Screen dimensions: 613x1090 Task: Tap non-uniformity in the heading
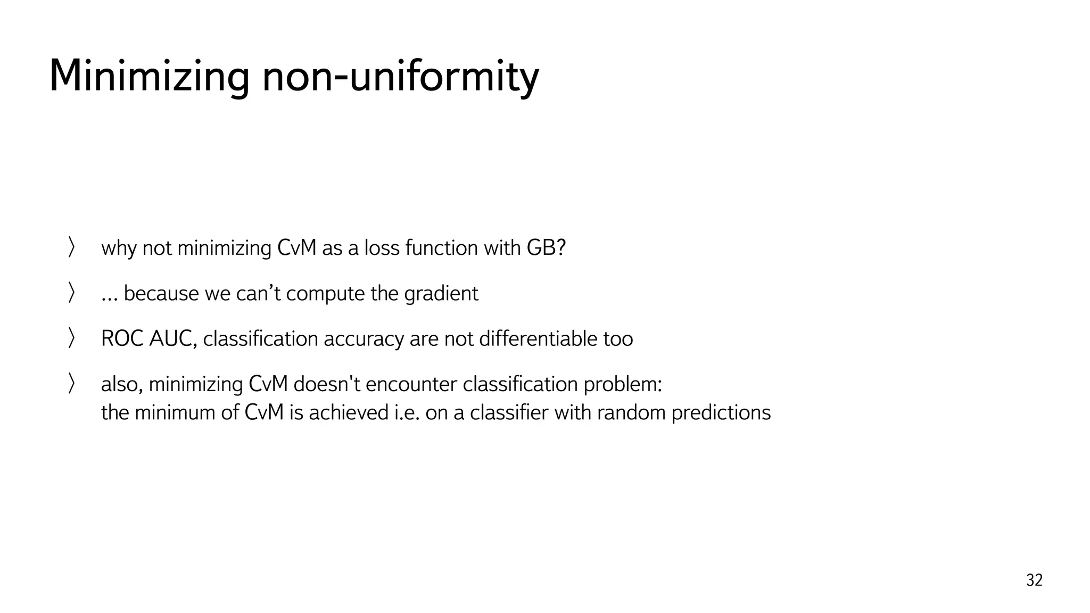coord(400,76)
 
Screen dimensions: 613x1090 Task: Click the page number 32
coord(1034,580)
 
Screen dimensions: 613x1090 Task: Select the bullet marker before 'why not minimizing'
coord(71,248)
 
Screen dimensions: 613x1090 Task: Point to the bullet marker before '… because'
coord(71,293)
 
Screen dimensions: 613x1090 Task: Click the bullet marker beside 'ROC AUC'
coord(71,338)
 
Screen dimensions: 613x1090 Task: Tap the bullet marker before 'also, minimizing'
coord(71,384)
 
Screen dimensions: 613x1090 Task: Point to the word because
coord(161,294)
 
